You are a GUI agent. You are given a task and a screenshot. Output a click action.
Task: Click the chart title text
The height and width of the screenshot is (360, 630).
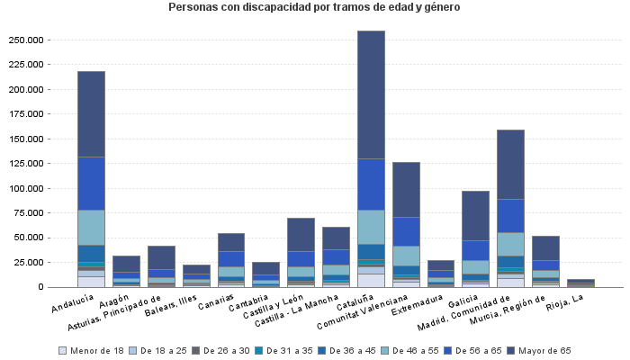[x=314, y=8]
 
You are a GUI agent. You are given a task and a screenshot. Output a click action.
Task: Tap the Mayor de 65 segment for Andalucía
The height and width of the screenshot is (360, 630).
[x=91, y=114]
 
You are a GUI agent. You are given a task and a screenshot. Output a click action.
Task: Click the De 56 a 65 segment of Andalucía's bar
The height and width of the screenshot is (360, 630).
[x=91, y=184]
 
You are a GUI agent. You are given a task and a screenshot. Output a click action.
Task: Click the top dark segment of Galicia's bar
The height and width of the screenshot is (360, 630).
[x=475, y=216]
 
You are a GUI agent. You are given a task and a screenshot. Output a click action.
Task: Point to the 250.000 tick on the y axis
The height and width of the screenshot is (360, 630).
[x=26, y=40]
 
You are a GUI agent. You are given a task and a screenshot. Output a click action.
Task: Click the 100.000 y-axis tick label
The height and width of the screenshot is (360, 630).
[x=26, y=188]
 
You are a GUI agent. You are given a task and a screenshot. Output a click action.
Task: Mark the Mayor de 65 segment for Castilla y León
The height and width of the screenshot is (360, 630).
[x=301, y=234]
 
